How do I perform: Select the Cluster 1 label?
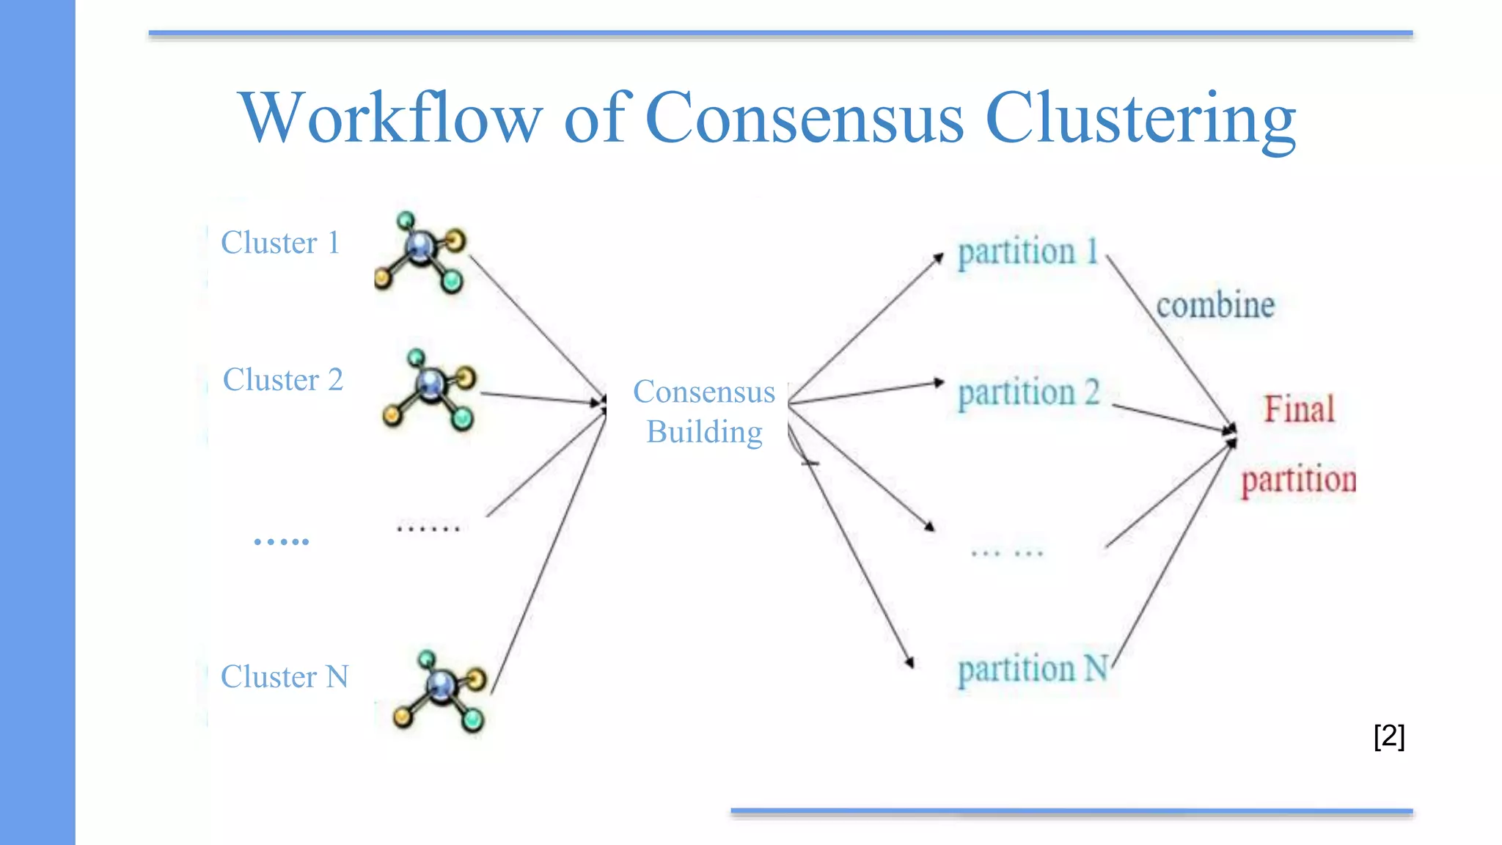point(280,243)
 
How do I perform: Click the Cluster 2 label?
point(283,380)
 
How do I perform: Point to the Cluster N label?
point(285,676)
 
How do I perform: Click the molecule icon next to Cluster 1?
point(421,252)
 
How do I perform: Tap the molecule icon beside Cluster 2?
point(430,389)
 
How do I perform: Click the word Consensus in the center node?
point(704,392)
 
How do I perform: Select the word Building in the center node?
point(704,432)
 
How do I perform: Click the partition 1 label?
point(1028,252)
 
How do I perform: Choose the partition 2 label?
point(1028,392)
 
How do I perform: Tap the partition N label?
point(1033,669)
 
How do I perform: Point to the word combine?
point(1215,305)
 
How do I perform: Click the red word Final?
point(1299,409)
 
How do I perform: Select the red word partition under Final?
point(1299,480)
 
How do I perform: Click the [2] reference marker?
point(1389,736)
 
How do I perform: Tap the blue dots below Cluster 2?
point(282,542)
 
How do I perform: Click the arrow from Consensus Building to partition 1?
point(865,328)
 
